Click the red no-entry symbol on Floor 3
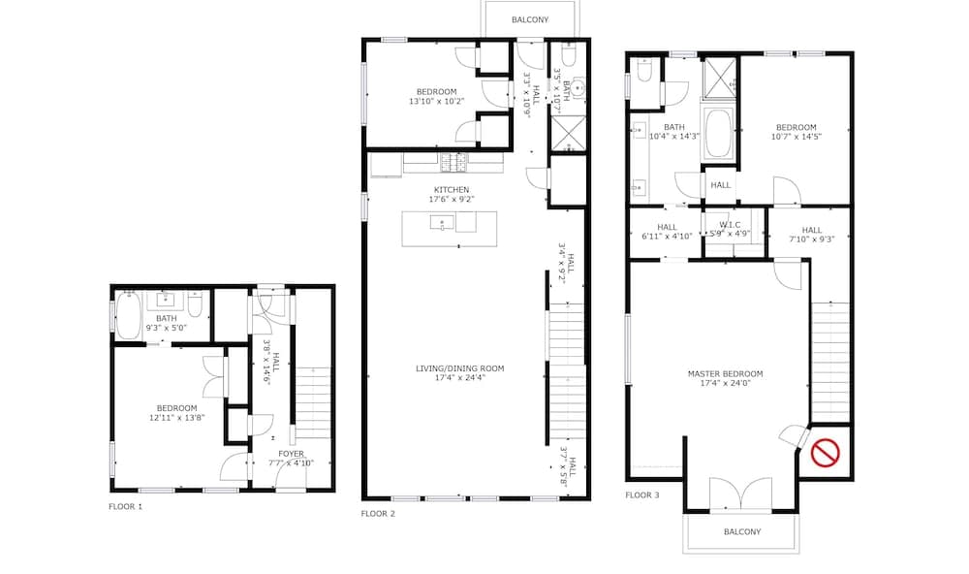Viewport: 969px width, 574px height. point(825,452)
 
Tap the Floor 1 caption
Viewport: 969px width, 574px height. point(125,506)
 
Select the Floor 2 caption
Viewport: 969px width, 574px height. point(378,513)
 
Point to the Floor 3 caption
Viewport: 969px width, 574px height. point(642,494)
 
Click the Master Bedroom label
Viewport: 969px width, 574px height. point(725,373)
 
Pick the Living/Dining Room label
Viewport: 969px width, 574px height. point(459,368)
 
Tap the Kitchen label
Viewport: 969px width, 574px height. point(452,189)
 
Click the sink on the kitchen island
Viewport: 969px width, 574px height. point(442,222)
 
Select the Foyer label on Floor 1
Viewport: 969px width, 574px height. point(291,454)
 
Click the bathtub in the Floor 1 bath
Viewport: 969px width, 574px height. point(129,315)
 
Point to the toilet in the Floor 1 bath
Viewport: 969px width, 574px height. point(196,304)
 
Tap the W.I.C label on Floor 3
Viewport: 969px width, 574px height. point(730,225)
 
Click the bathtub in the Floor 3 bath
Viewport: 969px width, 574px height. point(718,133)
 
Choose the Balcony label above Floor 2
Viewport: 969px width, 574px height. point(530,19)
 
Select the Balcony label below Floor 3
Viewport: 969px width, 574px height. point(742,531)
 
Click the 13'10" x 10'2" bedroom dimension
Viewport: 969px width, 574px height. point(436,101)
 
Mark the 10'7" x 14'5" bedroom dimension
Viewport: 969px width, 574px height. point(796,137)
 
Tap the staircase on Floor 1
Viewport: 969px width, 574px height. point(313,402)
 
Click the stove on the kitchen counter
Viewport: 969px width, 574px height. point(453,162)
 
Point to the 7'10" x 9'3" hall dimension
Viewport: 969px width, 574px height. point(811,239)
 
